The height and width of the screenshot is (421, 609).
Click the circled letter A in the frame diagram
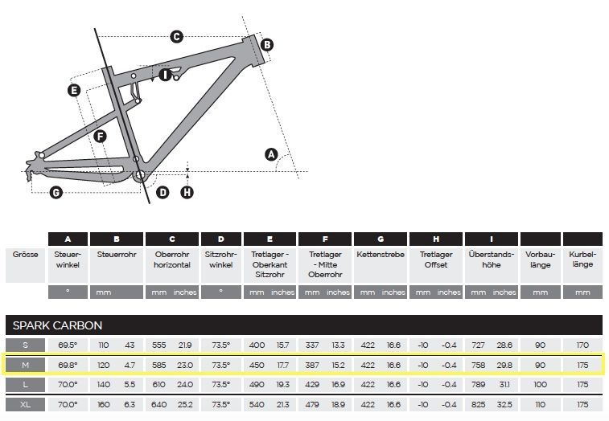(271, 154)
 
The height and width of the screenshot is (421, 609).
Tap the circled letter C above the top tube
(177, 37)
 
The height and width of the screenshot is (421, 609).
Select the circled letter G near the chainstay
(56, 192)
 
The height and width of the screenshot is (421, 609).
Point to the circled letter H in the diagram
(187, 192)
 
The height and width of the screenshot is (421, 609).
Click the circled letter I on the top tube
(165, 75)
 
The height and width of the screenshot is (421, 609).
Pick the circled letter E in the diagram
(74, 91)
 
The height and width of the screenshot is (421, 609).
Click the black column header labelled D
(221, 239)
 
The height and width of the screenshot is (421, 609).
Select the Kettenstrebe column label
(381, 255)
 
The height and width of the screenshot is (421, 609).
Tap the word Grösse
(25, 255)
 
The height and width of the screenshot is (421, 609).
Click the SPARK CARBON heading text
(57, 325)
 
